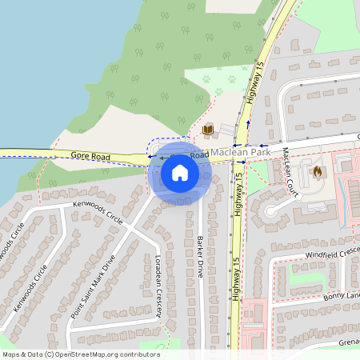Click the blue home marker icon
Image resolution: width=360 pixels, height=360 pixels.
[x=180, y=172]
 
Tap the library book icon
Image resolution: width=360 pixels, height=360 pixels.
[x=208, y=130]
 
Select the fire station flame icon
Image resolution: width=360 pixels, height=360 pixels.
[x=317, y=171]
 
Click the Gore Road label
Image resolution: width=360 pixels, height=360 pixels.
[x=90, y=155]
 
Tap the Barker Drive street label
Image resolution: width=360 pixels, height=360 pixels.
[x=201, y=256]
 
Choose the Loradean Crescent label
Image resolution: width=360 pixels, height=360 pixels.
[x=159, y=287]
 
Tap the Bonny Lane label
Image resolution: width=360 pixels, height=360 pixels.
[x=342, y=296]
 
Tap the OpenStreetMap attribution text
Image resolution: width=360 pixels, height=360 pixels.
[x=81, y=354]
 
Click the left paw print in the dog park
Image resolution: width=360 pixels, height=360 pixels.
[x=206, y=79]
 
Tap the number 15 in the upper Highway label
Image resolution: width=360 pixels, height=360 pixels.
[x=261, y=69]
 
